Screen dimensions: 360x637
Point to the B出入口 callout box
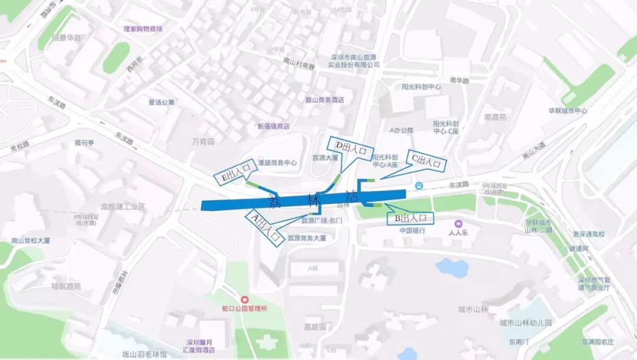click(x=410, y=218)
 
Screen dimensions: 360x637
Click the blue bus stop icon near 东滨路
click(x=419, y=186)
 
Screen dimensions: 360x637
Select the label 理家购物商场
click(x=143, y=28)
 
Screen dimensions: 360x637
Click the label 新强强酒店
click(x=274, y=126)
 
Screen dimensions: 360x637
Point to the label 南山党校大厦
click(x=31, y=241)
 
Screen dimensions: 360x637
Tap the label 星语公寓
click(x=162, y=102)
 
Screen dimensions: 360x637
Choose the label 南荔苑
click(x=495, y=117)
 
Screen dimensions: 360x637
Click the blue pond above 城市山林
click(x=451, y=267)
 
